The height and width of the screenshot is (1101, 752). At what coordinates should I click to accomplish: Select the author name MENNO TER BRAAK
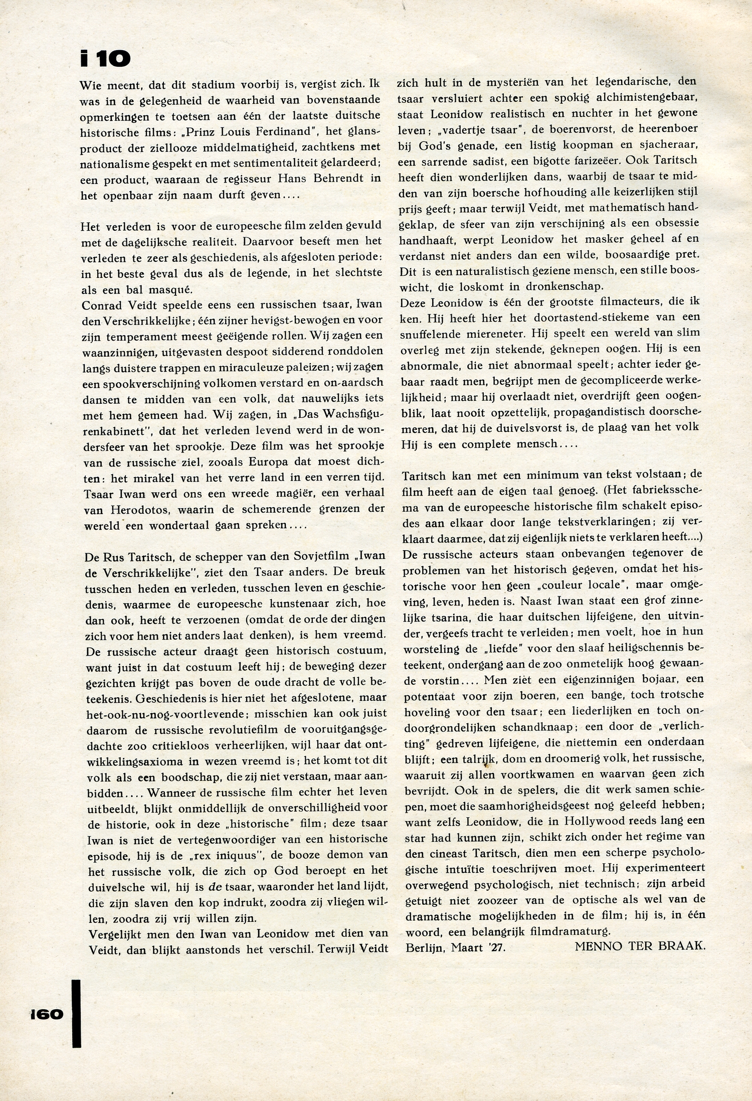[640, 947]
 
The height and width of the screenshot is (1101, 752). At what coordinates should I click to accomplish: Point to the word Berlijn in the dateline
[423, 947]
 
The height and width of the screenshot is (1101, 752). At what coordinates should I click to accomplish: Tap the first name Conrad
[102, 304]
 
